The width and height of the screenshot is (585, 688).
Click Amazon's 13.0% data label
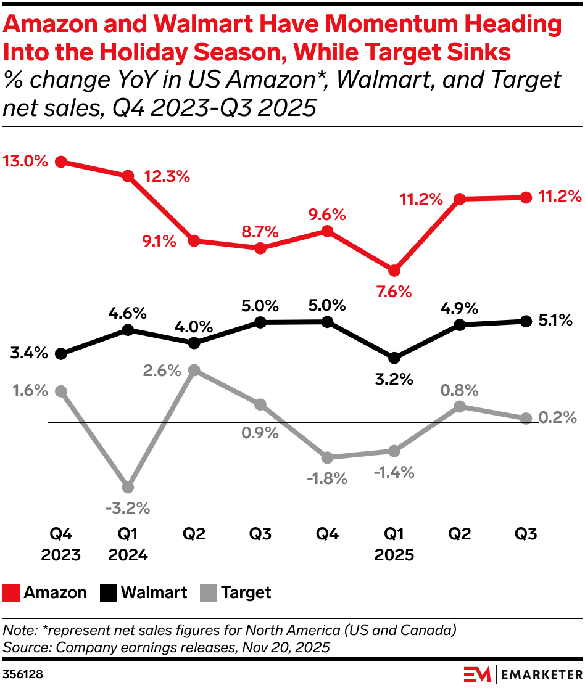coord(25,162)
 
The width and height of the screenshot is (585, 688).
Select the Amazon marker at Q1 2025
coord(394,270)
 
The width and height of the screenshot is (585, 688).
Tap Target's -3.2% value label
coord(128,509)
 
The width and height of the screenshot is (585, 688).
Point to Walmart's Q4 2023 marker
coord(60,354)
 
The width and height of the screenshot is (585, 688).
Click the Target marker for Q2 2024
coord(194,370)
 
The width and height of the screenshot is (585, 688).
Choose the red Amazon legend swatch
coord(11,593)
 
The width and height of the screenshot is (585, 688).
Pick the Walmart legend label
coord(154,593)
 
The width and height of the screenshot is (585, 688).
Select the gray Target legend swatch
coord(209,593)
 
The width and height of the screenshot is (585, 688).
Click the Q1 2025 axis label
coord(394,544)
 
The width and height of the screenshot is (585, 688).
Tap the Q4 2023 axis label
coord(60,544)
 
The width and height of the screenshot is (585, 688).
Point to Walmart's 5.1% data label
coord(555,320)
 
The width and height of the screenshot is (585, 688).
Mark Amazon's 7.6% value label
coord(394,292)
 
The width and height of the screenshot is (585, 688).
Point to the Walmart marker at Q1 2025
coord(394,358)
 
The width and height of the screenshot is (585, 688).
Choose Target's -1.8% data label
coord(327,478)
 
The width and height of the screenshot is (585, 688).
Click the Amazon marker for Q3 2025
coord(526,197)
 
